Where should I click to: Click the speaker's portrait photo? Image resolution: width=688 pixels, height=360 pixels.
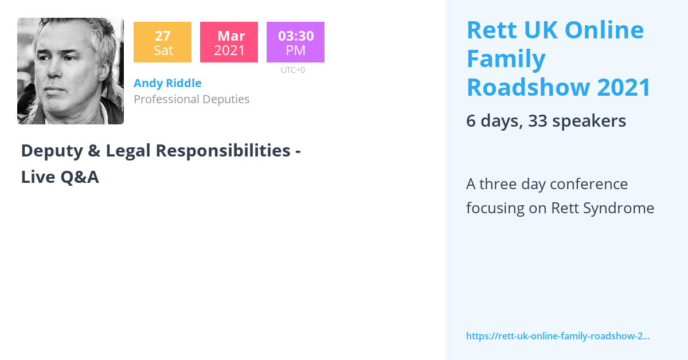click(x=71, y=71)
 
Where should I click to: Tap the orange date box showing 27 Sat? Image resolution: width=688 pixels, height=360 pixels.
click(x=162, y=42)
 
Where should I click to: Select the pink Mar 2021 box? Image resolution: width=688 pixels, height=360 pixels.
click(x=229, y=42)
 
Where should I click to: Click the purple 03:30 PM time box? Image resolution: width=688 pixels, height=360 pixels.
click(x=295, y=42)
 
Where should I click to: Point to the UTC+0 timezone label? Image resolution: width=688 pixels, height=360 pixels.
click(x=292, y=70)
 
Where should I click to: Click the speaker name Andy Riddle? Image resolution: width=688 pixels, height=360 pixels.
click(x=167, y=83)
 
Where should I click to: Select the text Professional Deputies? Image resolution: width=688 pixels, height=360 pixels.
click(x=191, y=99)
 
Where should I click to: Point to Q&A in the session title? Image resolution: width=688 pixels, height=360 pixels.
click(x=80, y=177)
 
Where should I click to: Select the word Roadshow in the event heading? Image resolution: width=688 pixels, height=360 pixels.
click(x=527, y=88)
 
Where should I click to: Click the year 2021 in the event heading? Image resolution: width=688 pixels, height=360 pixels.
click(x=624, y=88)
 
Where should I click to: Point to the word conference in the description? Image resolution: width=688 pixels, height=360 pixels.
click(x=589, y=184)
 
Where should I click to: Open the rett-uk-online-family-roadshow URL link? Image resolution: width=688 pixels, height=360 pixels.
click(x=557, y=336)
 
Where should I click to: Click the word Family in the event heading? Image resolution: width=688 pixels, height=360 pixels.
click(x=506, y=59)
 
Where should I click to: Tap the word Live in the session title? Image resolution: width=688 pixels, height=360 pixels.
click(x=37, y=177)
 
